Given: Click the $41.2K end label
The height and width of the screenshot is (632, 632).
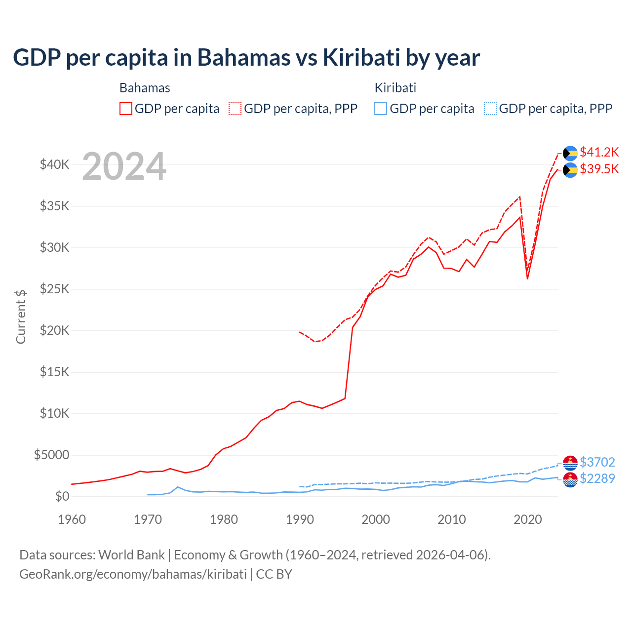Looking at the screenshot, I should [599, 152].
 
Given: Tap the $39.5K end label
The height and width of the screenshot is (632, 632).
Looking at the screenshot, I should [599, 169].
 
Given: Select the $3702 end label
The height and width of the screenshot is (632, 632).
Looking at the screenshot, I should [597, 462].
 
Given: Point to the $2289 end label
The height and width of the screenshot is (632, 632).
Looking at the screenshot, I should [597, 478].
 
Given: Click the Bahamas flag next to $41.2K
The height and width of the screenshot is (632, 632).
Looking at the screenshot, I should [570, 153].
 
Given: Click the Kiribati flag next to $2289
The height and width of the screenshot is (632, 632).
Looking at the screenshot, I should [570, 479].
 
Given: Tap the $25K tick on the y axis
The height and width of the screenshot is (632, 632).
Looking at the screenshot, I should [54, 289].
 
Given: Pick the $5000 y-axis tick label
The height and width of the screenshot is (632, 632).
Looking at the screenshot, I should [51, 455].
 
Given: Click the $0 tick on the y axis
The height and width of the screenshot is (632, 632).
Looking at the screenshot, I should [62, 496].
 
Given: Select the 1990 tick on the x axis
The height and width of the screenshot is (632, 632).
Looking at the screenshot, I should [300, 519].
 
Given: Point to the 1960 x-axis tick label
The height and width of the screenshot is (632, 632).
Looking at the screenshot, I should [72, 519].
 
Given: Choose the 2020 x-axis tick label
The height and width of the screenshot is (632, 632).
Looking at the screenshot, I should [527, 519].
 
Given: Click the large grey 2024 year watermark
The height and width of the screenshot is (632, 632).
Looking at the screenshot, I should [124, 167].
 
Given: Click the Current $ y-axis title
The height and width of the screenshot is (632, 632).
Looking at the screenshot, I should [21, 317].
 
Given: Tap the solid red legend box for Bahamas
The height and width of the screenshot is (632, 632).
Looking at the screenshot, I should [126, 109].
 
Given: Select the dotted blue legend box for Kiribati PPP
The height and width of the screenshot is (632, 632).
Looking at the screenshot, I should [490, 109].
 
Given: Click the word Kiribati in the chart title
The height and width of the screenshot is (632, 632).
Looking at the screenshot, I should [361, 58].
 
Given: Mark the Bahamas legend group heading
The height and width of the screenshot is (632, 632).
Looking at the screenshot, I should [145, 88].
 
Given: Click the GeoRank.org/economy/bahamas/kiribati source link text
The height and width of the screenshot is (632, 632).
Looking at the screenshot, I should [133, 574].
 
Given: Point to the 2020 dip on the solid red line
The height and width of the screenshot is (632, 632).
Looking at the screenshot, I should [527, 278].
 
